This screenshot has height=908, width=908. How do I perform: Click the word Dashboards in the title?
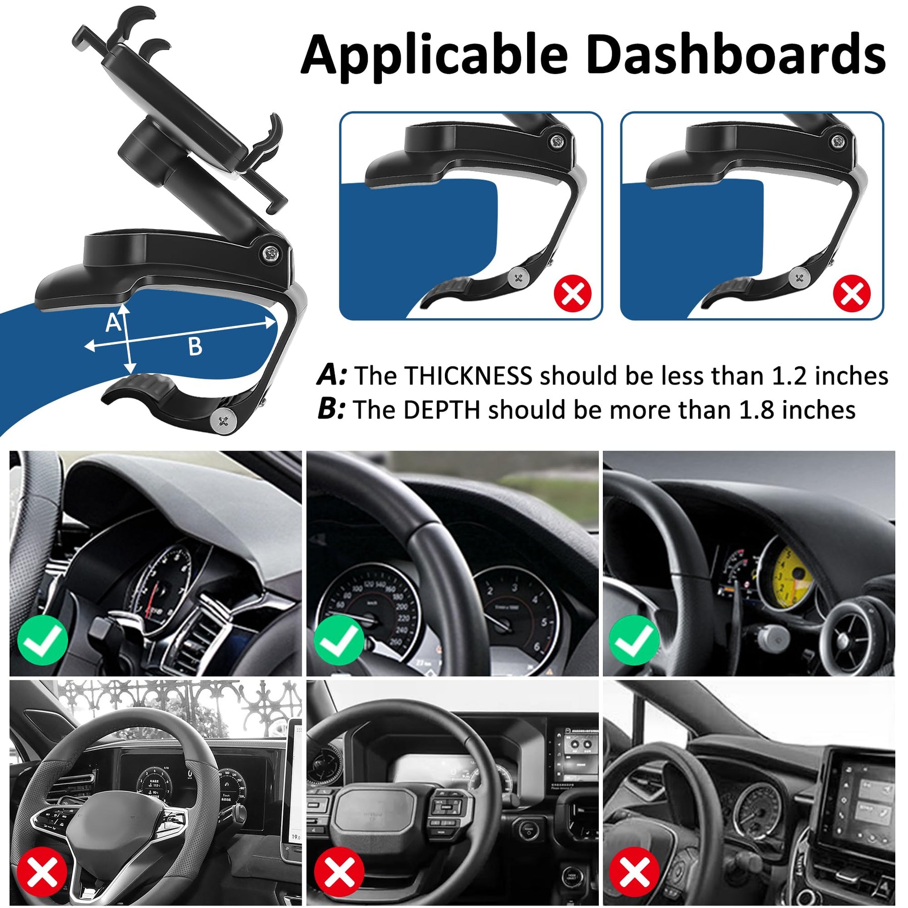coord(736,53)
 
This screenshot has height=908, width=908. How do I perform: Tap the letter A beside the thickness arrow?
coord(113,322)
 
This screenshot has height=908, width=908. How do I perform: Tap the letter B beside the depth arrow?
coord(195,347)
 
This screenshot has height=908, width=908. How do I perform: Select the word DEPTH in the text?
coord(441,410)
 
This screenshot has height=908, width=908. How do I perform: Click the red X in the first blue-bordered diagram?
coord(573,293)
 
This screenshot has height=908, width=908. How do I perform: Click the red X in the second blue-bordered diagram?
coord(852,293)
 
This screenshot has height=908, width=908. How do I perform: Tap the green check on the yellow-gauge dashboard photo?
coord(634,640)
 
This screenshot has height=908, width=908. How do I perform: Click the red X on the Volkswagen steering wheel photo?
coord(42,872)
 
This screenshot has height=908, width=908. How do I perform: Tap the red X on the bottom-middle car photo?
coord(339,872)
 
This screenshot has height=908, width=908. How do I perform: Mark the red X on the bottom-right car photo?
coord(635,872)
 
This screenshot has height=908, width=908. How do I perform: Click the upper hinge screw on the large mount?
coord(271,254)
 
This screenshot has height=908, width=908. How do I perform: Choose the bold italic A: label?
coord(332,376)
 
